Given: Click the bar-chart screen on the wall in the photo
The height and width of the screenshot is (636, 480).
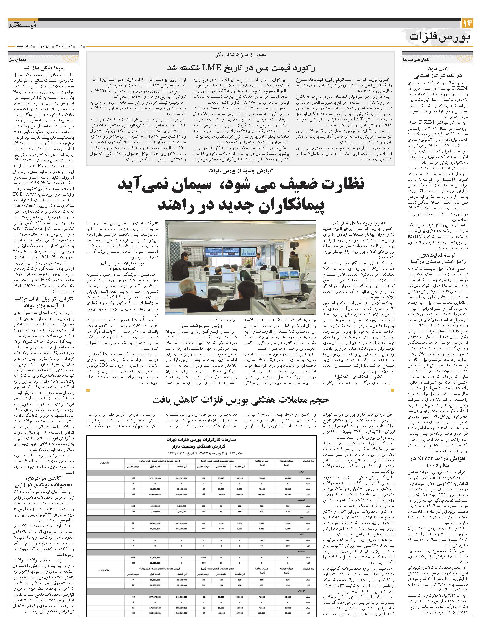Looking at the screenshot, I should [245, 251].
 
